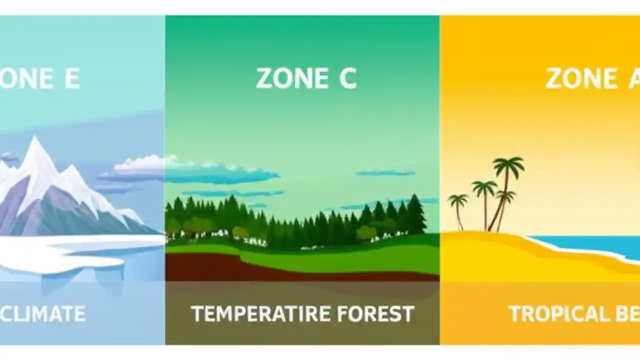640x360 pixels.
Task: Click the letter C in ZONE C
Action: click(347, 78)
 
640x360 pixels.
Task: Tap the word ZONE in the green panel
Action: click(287, 78)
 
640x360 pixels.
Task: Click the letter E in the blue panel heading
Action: click(71, 78)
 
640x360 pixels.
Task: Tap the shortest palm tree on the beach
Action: click(457, 202)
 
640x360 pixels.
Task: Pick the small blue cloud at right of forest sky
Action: click(385, 173)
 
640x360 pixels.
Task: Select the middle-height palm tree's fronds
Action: click(484, 188)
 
